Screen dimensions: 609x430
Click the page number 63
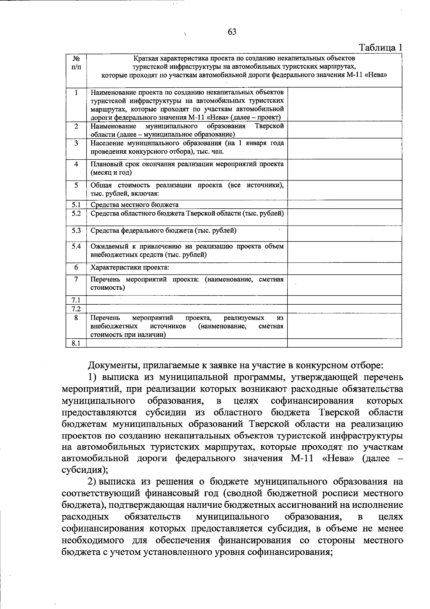(x=232, y=32)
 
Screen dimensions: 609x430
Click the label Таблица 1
(x=381, y=47)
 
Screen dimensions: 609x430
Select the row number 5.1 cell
(x=76, y=205)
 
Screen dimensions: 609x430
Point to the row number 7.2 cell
(x=76, y=309)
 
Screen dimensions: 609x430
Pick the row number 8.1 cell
(x=76, y=343)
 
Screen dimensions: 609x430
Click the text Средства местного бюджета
(x=134, y=205)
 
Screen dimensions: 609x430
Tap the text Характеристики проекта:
(x=130, y=267)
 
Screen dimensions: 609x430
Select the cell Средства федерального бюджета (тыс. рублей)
(x=163, y=231)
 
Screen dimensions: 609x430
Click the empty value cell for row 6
(x=344, y=269)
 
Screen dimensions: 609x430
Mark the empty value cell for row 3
(x=344, y=149)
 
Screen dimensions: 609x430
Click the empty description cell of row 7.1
(x=187, y=300)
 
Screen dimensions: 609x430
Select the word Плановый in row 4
(x=104, y=164)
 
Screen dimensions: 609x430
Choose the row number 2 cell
(x=76, y=126)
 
